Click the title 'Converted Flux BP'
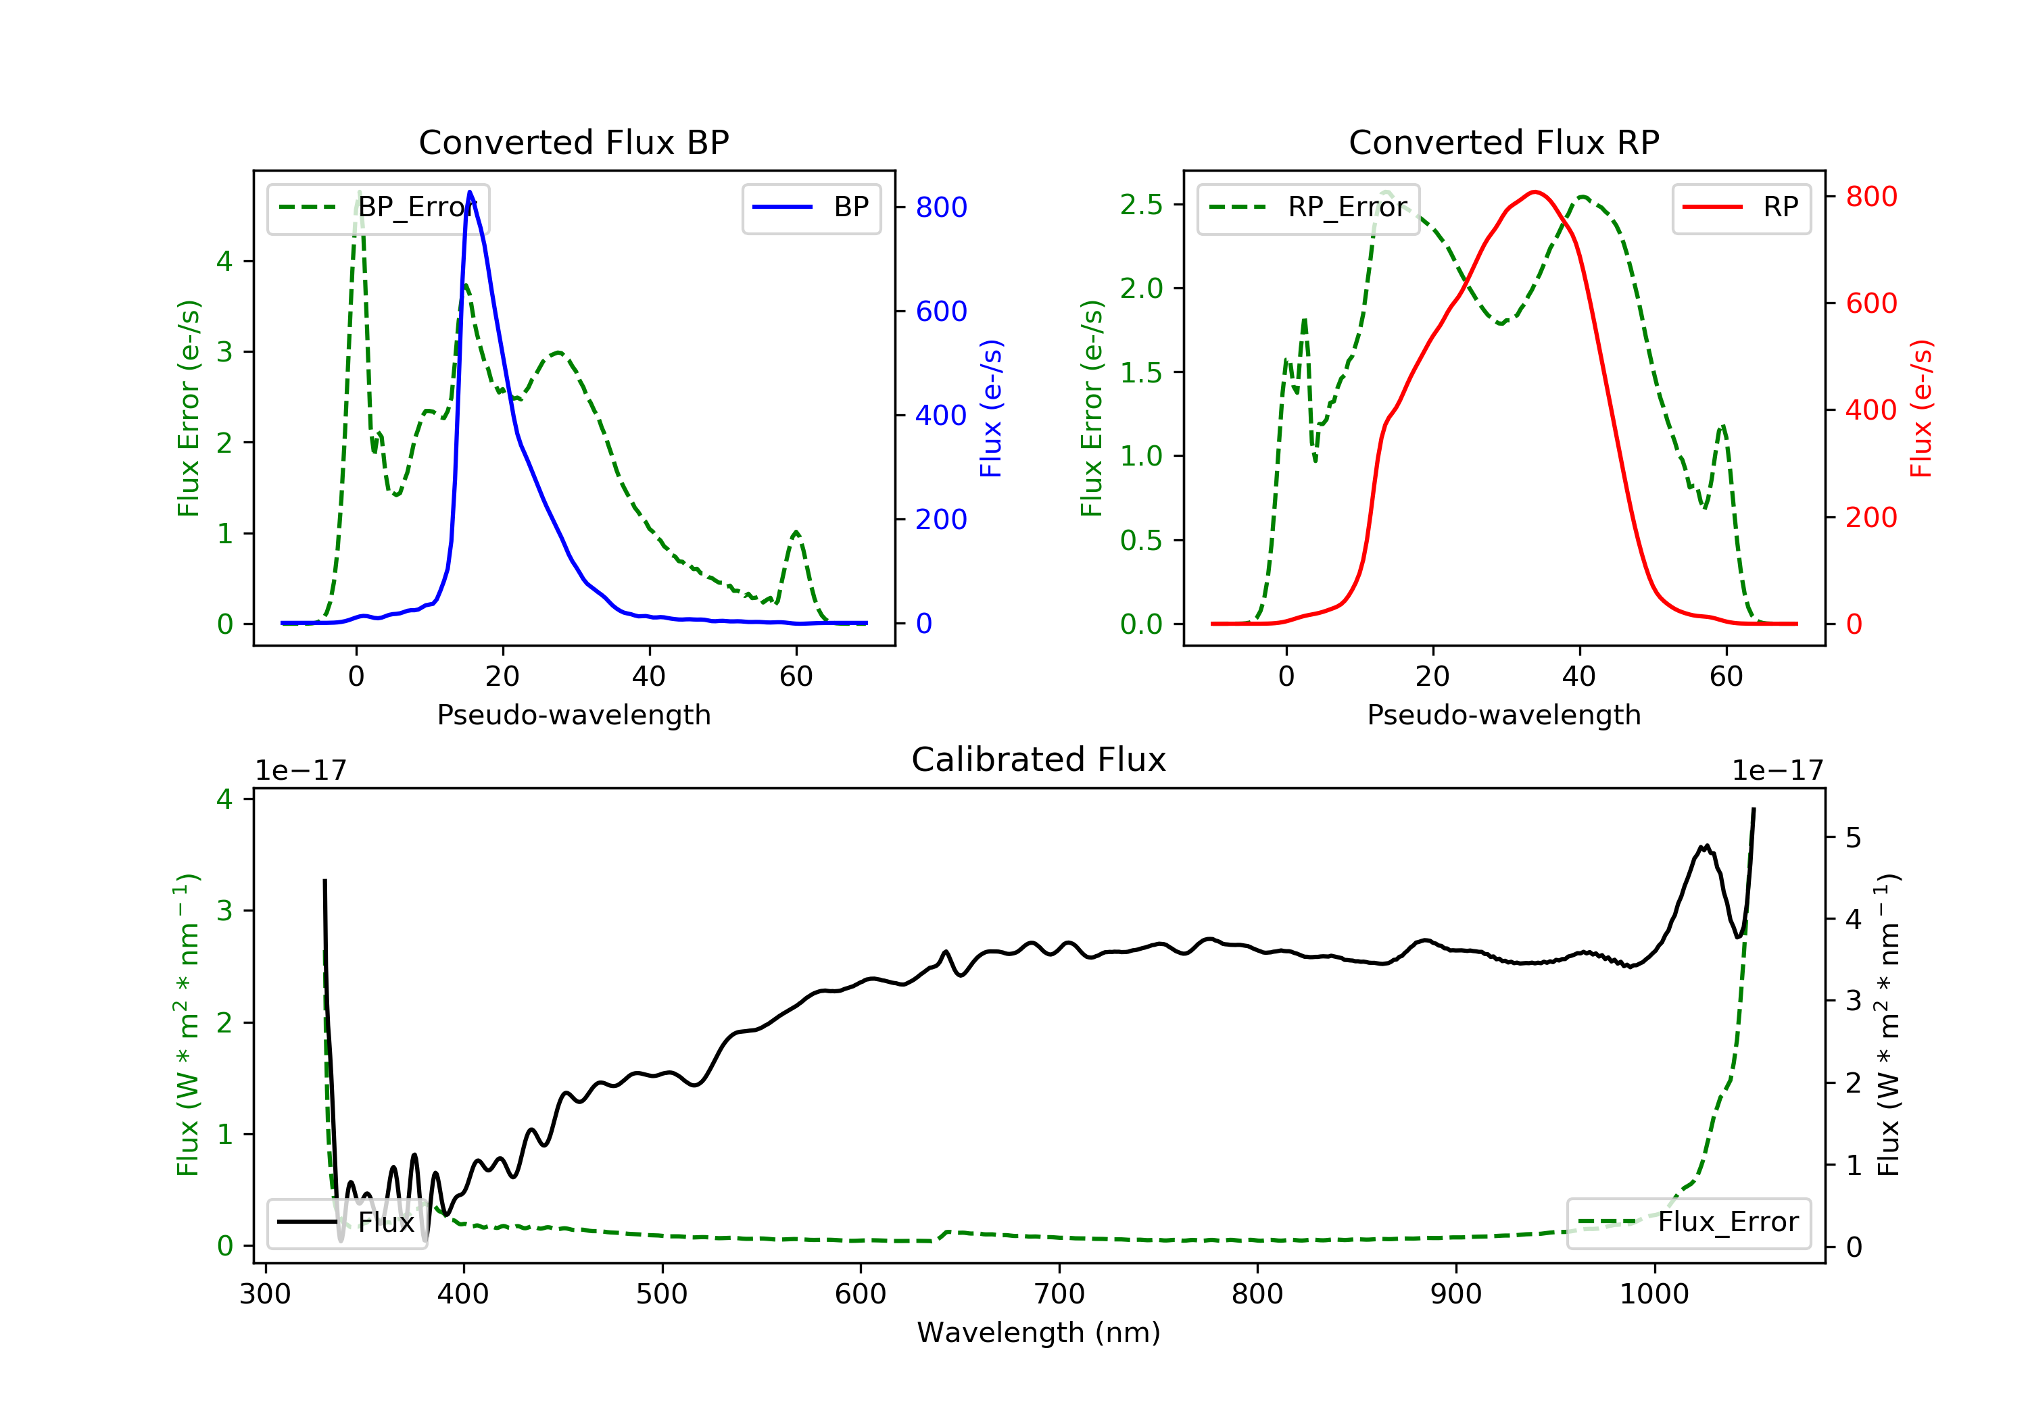573,142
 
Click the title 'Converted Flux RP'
1503,142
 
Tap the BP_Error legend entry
378,207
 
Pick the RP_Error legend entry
1308,207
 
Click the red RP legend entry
1741,207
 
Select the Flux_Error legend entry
1689,1222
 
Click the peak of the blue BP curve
470,192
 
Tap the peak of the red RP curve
1535,192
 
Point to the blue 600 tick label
941,311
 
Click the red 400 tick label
1870,409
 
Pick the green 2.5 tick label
1141,205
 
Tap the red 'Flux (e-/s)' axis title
1922,408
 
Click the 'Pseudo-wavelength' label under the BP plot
573,714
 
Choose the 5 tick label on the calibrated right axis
1853,837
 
